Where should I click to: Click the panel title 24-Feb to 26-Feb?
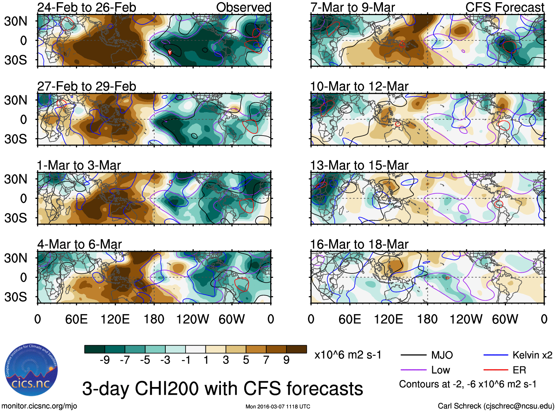[x=87, y=7]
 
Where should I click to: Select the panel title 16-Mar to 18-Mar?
[x=359, y=244]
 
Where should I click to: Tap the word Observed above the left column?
[x=243, y=7]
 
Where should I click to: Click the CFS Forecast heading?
[x=504, y=7]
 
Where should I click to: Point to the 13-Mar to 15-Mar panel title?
[x=359, y=165]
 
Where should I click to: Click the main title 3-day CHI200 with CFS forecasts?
[x=222, y=388]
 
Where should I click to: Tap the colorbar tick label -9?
[x=105, y=360]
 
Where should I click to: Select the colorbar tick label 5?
[x=246, y=360]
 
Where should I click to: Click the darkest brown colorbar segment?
[x=296, y=349]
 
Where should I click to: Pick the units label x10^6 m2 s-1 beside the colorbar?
[x=348, y=355]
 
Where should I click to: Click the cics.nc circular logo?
[x=31, y=370]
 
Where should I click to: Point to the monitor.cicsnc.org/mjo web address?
[x=39, y=406]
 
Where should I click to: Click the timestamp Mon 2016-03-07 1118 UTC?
[x=278, y=406]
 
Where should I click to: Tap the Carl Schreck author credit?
[x=496, y=406]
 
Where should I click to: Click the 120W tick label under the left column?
[x=193, y=319]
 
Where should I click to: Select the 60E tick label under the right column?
[x=350, y=319]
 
